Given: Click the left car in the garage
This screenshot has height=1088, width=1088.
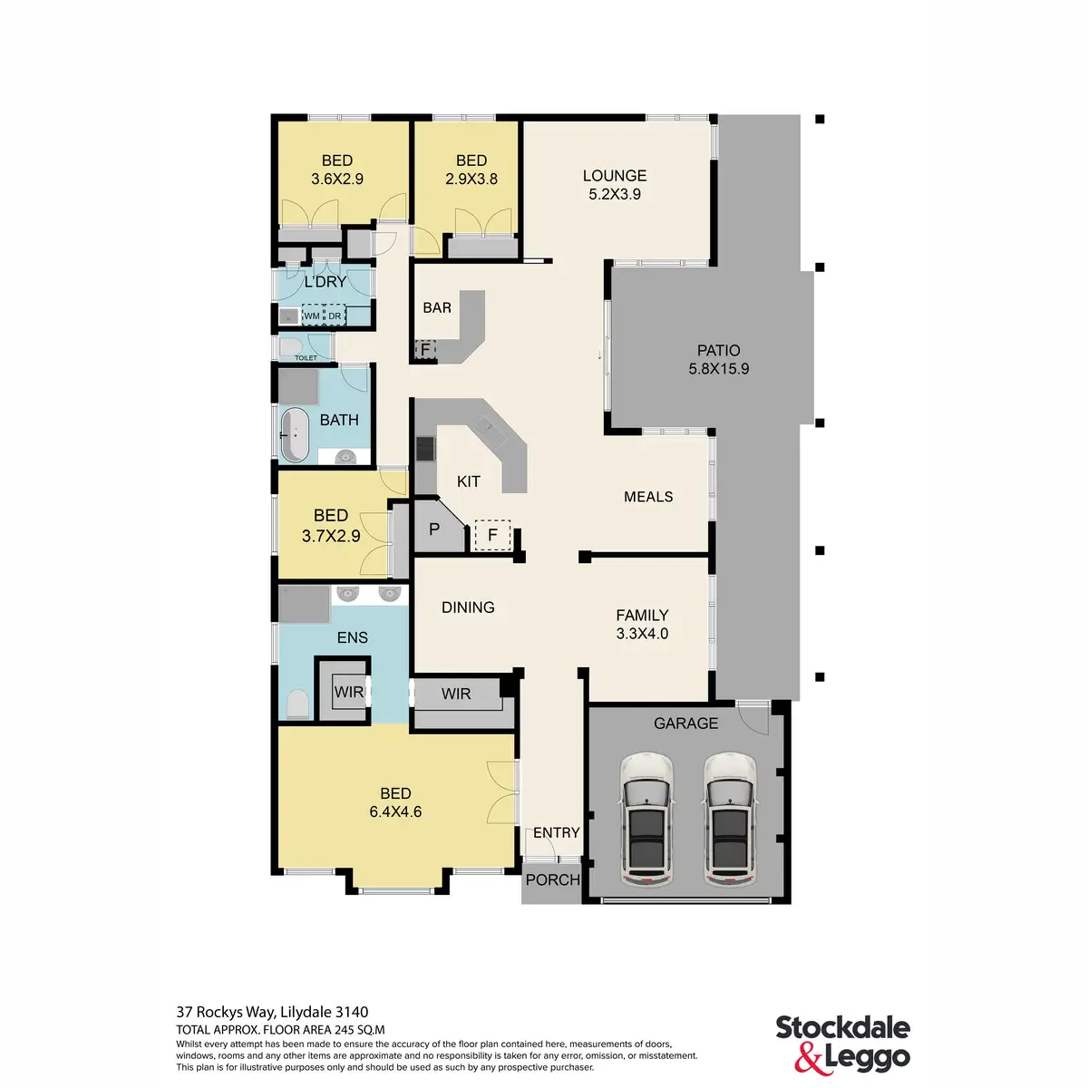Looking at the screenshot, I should (646, 820).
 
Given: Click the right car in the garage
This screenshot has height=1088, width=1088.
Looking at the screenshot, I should (729, 820).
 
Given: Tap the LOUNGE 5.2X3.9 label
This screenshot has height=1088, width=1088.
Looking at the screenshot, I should (615, 184).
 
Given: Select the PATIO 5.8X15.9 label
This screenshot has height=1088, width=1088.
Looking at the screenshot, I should (718, 359).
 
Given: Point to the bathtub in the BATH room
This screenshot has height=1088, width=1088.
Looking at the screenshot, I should (295, 436).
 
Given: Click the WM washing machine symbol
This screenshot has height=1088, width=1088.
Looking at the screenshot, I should (312, 316).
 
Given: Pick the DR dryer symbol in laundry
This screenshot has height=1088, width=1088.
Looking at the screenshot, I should (335, 316).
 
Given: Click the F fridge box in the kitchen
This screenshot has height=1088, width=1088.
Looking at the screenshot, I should (492, 535).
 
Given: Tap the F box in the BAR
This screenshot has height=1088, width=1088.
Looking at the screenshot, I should (423, 349).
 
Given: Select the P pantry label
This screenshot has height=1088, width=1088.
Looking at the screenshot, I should (433, 529).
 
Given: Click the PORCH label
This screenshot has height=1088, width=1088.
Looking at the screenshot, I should (552, 879).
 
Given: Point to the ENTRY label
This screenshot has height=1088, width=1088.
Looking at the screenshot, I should (556, 832).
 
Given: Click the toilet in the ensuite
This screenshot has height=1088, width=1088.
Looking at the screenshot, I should (296, 704).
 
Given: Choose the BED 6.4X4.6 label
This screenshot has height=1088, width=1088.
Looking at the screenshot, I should (395, 802).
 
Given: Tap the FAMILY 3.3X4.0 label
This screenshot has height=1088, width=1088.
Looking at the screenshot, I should (642, 624).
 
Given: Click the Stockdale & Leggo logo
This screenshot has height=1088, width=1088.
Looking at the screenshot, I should (842, 1043).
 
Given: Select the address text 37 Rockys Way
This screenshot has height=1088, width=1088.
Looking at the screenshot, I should (272, 1012).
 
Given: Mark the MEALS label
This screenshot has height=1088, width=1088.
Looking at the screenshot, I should (648, 497).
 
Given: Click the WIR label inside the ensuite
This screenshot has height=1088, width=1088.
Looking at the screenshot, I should (348, 692).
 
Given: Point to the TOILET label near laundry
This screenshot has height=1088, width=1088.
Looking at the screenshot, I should (306, 358).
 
